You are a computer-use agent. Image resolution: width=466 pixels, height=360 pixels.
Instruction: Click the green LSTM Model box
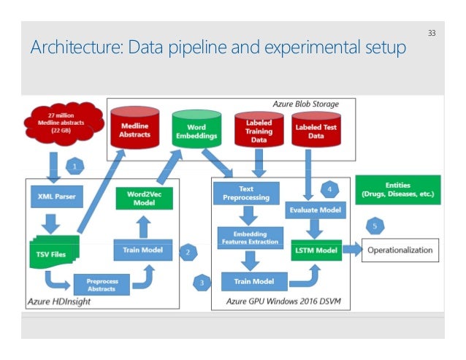pos(316,250)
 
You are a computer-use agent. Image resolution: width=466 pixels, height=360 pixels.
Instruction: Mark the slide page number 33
pos(431,34)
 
